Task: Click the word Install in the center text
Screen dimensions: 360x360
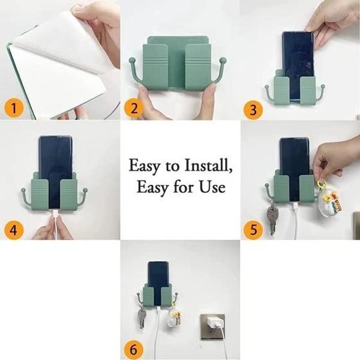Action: coord(202,164)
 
